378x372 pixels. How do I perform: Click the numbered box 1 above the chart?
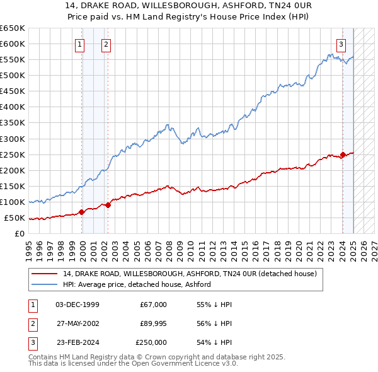pos(81,44)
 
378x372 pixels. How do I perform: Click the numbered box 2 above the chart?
pos(106,44)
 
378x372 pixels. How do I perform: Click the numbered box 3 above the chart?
pos(341,44)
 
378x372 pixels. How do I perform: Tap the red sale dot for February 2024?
pos(343,154)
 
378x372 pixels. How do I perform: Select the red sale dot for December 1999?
pos(82,212)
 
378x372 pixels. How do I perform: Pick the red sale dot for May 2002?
pos(108,204)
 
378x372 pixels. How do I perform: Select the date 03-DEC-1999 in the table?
pos(77,305)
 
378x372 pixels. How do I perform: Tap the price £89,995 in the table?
pos(153,323)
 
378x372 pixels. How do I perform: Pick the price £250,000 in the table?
pos(151,342)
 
